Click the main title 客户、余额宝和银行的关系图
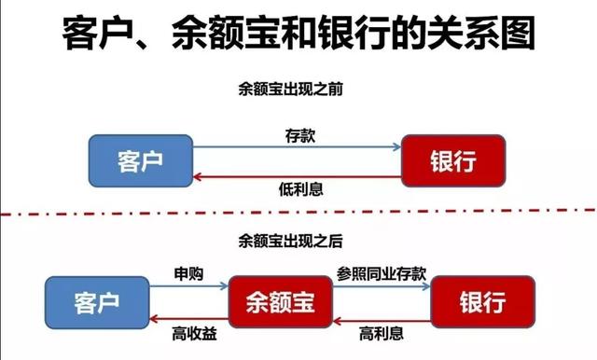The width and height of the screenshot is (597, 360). pos(298,35)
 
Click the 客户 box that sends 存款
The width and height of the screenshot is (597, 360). pos(141,160)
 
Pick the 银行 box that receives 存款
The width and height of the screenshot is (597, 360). pos(453,160)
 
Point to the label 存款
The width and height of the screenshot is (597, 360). pos(299,134)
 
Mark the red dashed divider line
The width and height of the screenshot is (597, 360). pos(298,218)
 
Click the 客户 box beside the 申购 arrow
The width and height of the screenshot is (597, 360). pos(99,302)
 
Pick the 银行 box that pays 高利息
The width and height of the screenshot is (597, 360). pos(481,302)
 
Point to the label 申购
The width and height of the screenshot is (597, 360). pos(188,275)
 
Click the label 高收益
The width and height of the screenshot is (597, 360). pos(188,331)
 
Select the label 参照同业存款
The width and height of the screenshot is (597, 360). pos(381,275)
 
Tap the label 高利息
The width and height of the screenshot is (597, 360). pos(381,331)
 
